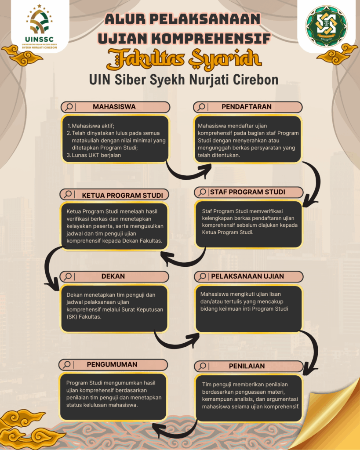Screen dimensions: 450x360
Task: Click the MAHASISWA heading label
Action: tap(114, 107)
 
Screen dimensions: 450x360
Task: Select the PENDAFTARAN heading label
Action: tap(246, 107)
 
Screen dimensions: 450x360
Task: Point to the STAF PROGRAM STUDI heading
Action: tap(247, 192)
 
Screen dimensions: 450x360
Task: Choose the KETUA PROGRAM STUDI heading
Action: tap(122, 195)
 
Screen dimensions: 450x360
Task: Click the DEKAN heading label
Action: tap(113, 276)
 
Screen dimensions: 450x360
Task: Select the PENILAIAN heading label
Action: tap(246, 366)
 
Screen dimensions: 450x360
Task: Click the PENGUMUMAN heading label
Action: tap(112, 364)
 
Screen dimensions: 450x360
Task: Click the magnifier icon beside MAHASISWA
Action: tap(69, 107)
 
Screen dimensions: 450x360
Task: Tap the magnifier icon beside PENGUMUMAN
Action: tap(67, 365)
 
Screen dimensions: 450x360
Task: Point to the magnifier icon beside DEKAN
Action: tap(68, 276)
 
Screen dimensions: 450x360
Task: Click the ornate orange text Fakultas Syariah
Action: tap(180, 61)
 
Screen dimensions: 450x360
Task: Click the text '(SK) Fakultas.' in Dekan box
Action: tap(84, 316)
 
